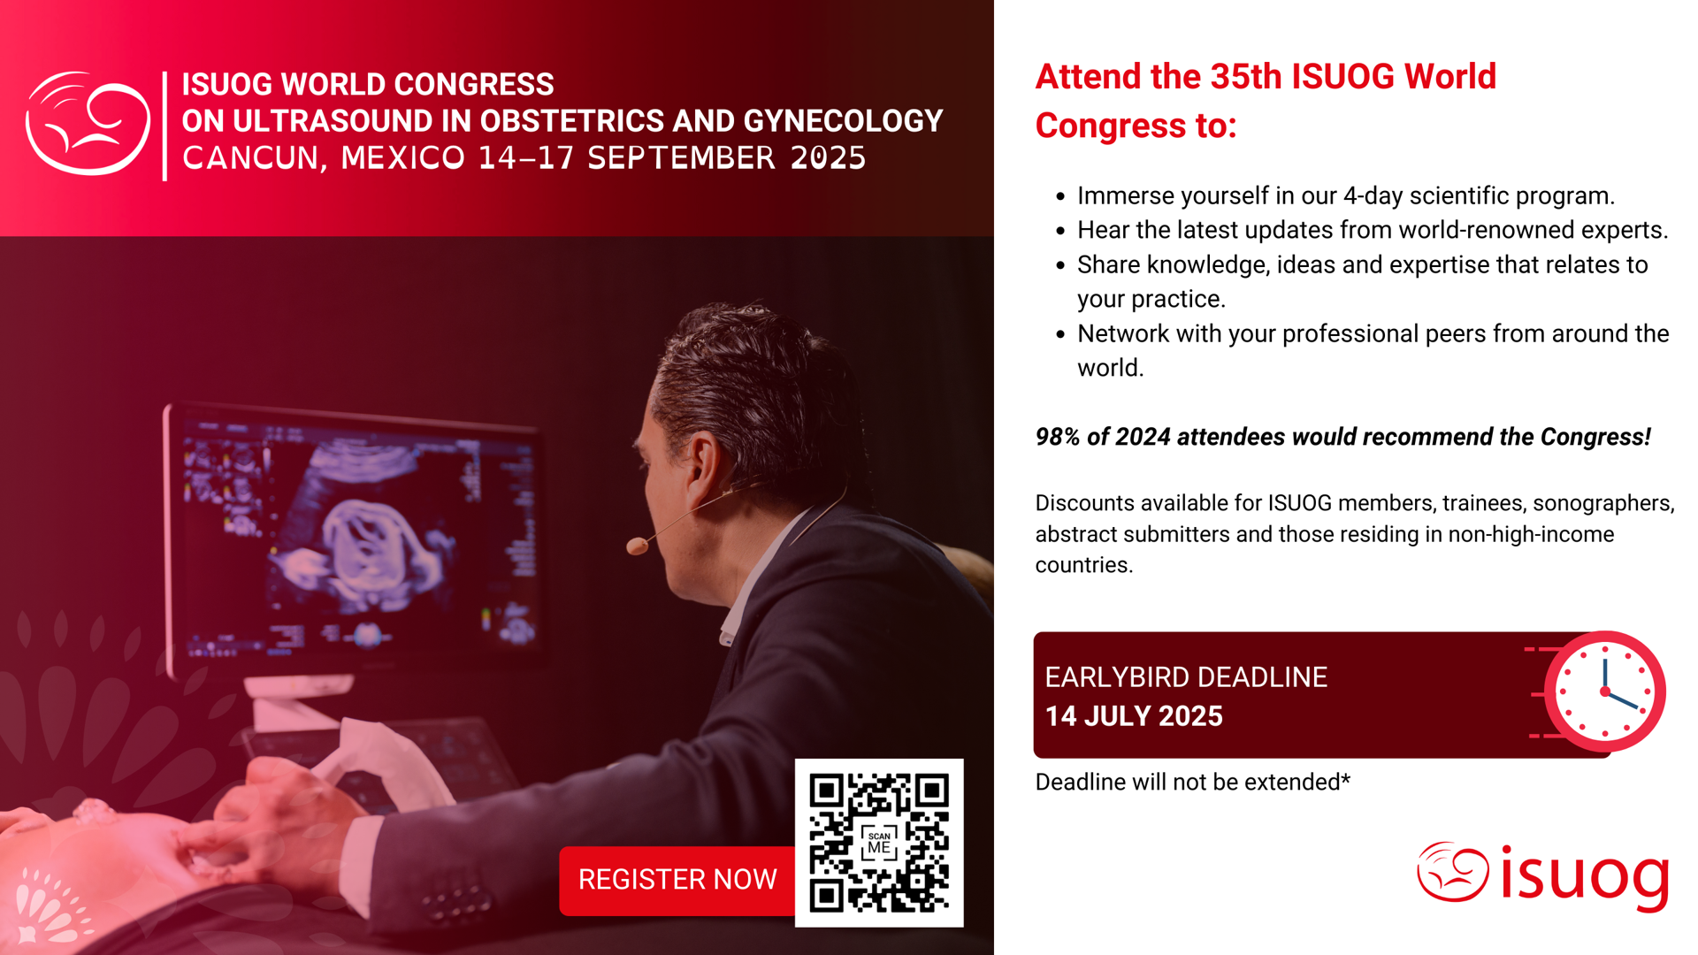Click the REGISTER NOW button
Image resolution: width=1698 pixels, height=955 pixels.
[677, 880]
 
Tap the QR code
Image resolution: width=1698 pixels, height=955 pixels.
[879, 843]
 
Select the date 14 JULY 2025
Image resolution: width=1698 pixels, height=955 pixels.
[1134, 716]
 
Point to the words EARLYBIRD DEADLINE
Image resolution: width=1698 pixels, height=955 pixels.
[1186, 677]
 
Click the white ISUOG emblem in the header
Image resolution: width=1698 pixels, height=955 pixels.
[88, 123]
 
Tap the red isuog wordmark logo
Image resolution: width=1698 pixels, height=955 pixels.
[1543, 875]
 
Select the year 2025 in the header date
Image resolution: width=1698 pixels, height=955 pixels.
[829, 158]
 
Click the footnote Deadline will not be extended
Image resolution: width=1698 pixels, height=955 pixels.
[1193, 782]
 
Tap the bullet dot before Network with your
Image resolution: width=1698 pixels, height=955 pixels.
[1060, 334]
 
